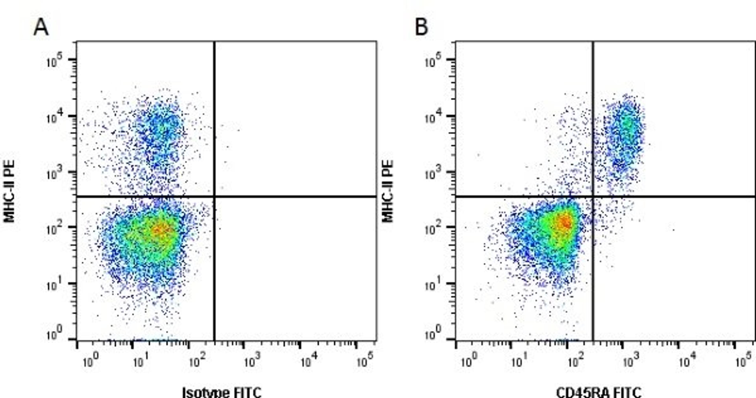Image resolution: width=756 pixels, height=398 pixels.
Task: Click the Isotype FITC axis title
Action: [x=222, y=392]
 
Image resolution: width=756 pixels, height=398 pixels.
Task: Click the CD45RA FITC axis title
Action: [x=599, y=392]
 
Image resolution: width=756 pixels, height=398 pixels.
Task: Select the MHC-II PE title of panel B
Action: [x=388, y=191]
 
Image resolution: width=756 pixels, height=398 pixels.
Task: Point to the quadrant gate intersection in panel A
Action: [x=215, y=196]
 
